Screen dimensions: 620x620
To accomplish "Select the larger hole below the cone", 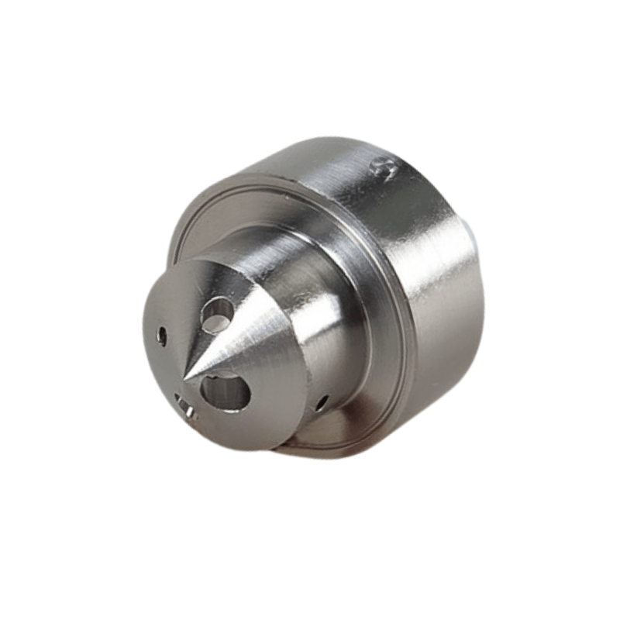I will [225, 391].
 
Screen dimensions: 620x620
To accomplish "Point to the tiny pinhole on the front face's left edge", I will [162, 336].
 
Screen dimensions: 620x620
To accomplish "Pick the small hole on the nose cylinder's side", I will [321, 401].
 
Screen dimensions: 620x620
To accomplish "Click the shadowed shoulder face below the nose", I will [341, 434].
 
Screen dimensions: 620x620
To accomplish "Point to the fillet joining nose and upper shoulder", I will [310, 232].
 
